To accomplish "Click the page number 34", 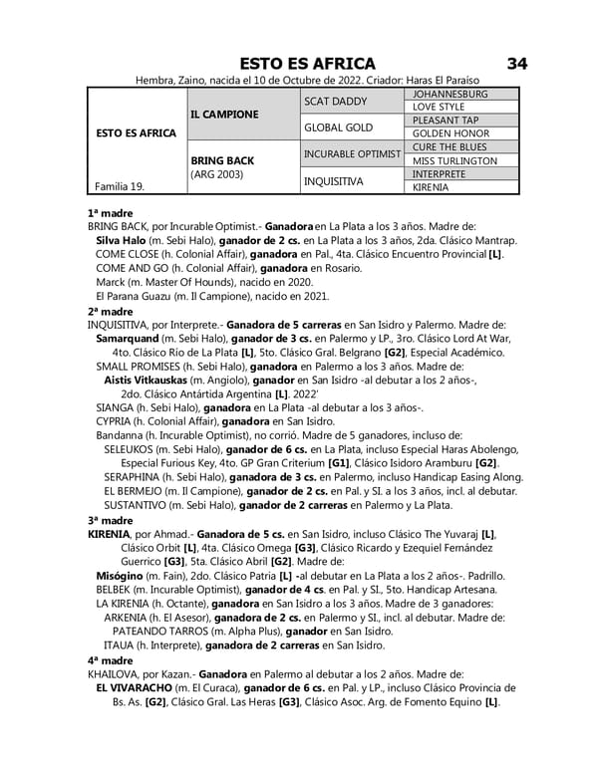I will tap(516, 64).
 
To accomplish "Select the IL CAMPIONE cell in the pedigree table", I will tap(224, 114).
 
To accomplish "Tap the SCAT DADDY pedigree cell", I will tap(336, 101).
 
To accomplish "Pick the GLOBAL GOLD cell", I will tap(338, 128).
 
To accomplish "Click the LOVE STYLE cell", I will tap(439, 107).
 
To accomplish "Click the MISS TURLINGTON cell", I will tap(454, 160).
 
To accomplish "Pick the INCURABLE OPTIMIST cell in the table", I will tap(351, 154).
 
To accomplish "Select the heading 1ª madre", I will tap(110, 213).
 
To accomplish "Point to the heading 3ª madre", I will tap(110, 520).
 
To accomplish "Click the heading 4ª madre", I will tap(110, 659).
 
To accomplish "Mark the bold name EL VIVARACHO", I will tap(135, 687).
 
